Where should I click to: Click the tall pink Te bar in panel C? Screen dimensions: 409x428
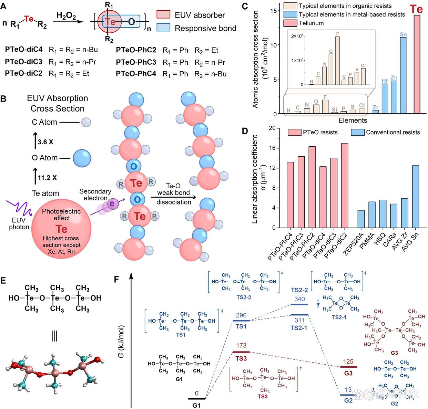417,64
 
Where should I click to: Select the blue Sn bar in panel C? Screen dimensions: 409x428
403,75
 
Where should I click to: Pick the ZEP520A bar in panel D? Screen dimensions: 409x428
361,219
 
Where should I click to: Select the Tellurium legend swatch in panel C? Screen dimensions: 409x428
290,23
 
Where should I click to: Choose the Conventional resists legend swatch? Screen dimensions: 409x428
357,132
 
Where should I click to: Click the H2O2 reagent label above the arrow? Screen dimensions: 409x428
66,15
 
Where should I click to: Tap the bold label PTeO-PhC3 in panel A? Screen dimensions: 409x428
136,62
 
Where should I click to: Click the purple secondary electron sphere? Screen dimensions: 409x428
112,204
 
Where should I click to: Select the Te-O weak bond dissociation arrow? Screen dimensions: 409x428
173,197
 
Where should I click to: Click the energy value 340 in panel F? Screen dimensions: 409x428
299,298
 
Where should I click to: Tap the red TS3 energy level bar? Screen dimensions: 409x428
241,352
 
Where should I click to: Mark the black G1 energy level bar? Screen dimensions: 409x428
196,399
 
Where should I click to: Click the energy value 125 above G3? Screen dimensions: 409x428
348,361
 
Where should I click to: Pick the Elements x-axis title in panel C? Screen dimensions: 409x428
353,120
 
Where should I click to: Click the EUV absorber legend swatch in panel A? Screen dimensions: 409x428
164,14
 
